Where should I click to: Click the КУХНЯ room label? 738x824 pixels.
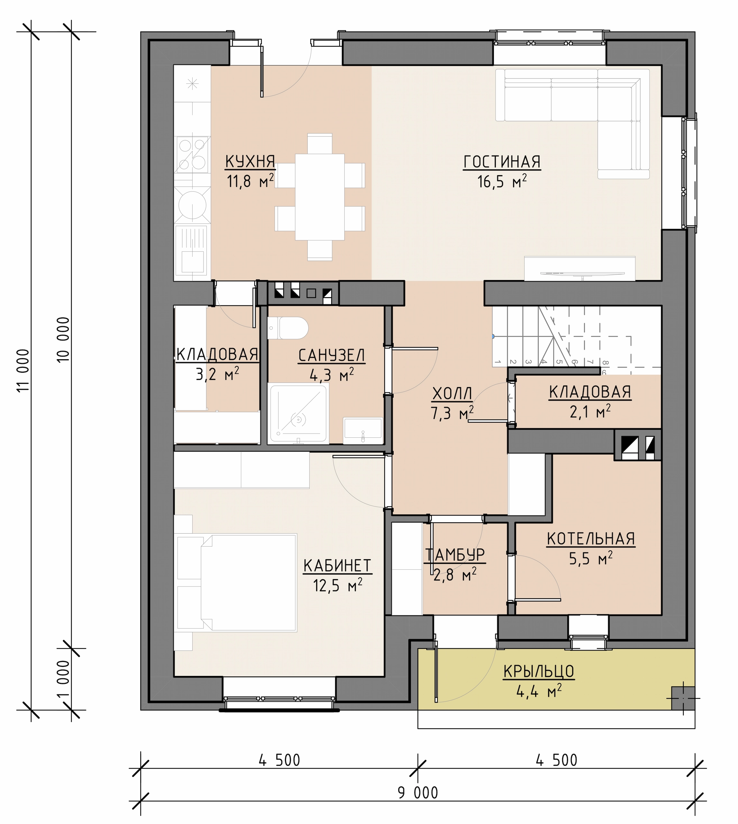pyautogui.click(x=250, y=162)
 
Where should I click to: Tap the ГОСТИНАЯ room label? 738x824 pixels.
pyautogui.click(x=502, y=162)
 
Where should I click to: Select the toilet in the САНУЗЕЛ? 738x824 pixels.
pyautogui.click(x=288, y=328)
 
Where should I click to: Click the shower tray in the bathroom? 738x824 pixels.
pyautogui.click(x=298, y=413)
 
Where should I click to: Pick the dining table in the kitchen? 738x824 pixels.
pyautogui.click(x=320, y=197)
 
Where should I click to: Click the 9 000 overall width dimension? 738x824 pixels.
pyautogui.click(x=418, y=792)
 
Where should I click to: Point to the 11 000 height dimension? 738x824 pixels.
pyautogui.click(x=24, y=370)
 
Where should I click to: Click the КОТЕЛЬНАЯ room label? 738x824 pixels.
pyautogui.click(x=591, y=539)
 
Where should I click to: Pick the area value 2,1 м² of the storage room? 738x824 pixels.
pyautogui.click(x=590, y=412)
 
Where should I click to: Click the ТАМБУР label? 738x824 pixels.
pyautogui.click(x=455, y=555)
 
